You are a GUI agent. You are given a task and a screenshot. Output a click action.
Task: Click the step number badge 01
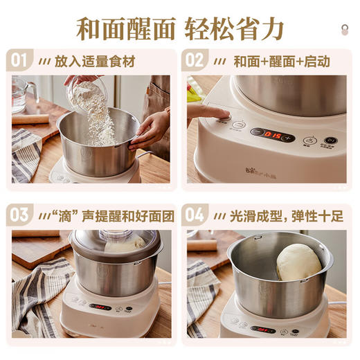[x=21, y=60]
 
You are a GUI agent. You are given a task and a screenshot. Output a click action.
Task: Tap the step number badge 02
[x=196, y=60]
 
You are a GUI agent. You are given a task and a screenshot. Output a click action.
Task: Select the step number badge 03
[x=21, y=214]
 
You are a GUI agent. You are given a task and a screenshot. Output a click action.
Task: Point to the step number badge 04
[x=196, y=214]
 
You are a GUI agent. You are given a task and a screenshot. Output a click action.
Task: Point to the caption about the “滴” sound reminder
[x=107, y=215]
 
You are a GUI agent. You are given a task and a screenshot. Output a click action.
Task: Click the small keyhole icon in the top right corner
[x=345, y=28]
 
